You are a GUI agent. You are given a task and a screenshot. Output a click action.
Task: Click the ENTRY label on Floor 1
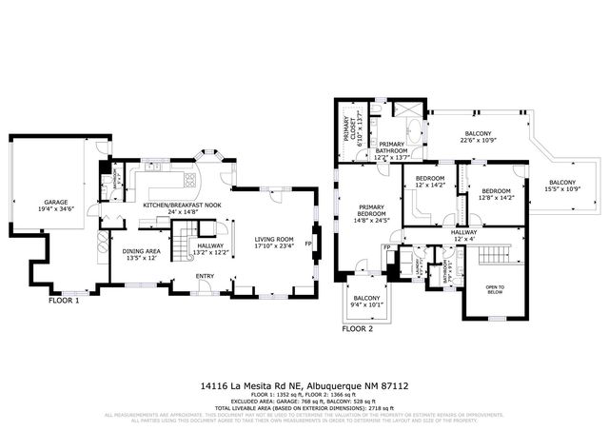(205, 277)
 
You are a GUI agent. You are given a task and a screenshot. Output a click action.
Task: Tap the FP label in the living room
(308, 244)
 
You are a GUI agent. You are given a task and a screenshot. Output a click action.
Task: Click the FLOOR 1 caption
(65, 301)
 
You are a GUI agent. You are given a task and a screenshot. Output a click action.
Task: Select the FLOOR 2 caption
(358, 327)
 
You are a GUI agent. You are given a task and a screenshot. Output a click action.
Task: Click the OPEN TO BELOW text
(496, 289)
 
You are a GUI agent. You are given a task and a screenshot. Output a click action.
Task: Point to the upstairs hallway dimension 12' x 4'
(463, 237)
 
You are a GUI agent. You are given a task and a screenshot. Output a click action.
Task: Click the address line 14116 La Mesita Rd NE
(304, 387)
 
